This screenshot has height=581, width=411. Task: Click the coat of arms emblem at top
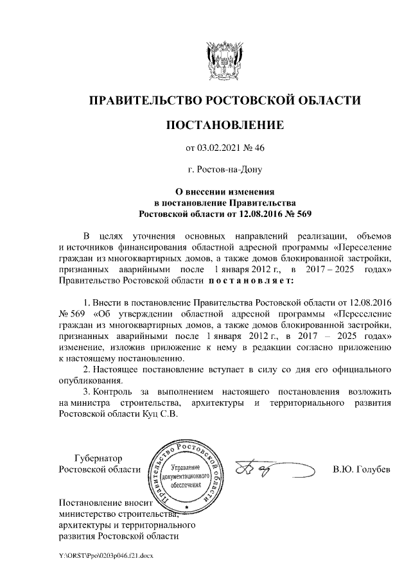[x=225, y=60]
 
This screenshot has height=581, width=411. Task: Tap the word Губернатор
[x=98, y=458]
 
